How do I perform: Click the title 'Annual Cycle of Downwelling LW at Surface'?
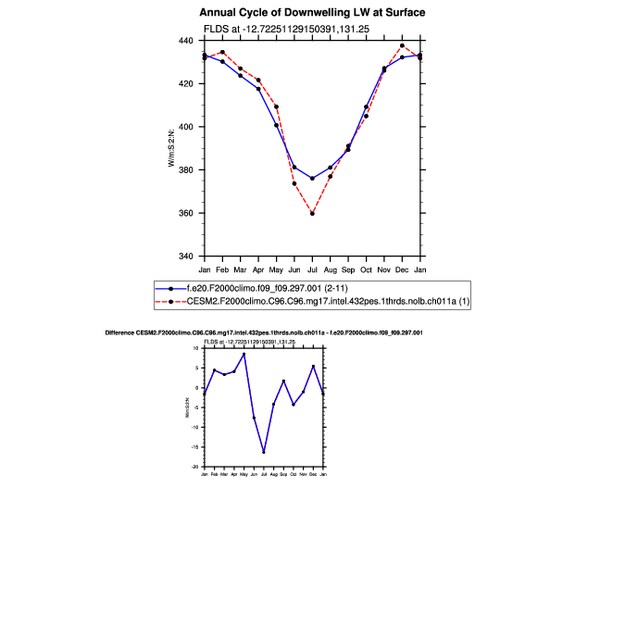coord(312,13)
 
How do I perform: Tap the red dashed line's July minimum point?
coord(312,214)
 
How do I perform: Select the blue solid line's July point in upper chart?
coord(312,179)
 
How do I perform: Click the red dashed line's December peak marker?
coord(402,45)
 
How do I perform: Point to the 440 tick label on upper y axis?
coord(185,41)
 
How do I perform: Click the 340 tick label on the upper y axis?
coord(185,256)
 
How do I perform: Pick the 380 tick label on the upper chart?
coord(185,170)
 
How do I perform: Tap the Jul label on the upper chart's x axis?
coord(312,269)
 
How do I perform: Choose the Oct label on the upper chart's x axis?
coord(366,269)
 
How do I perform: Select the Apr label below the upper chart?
coord(258,269)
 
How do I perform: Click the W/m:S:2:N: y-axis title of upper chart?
coord(170,148)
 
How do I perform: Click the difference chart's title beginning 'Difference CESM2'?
coord(264,332)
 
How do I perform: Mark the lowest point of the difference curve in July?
coord(264,452)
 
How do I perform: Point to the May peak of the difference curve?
coord(244,354)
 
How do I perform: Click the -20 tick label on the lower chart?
coord(195,467)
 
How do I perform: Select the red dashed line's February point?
coord(222,52)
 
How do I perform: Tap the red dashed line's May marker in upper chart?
coord(276,106)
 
